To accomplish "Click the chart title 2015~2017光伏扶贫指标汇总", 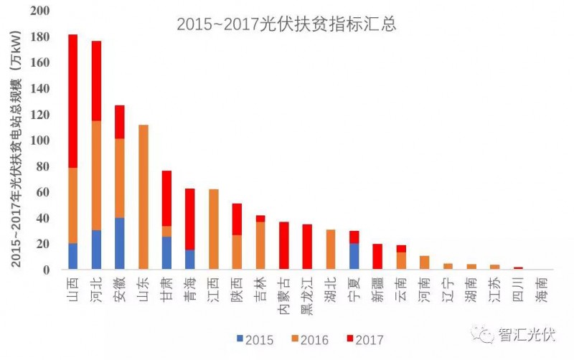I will pos(287,24).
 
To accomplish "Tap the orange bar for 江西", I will pos(213,229).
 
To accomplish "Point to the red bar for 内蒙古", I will pos(283,246).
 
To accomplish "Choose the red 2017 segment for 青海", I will pos(190,219).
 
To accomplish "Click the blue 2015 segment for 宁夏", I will pos(354,257).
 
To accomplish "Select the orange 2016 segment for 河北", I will pos(96,176).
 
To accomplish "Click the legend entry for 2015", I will pos(255,339).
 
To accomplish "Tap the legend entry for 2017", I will pos(364,339).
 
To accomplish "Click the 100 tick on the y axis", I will pos(41,141).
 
